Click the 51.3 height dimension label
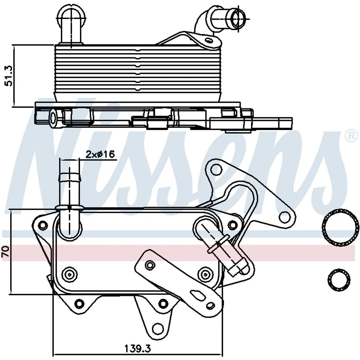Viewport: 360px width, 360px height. [9, 76]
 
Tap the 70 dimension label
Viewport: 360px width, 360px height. [5, 251]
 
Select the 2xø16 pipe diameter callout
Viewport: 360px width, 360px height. [100, 154]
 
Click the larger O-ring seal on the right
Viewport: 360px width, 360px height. [340, 228]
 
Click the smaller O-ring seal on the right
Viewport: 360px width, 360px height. [339, 280]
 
